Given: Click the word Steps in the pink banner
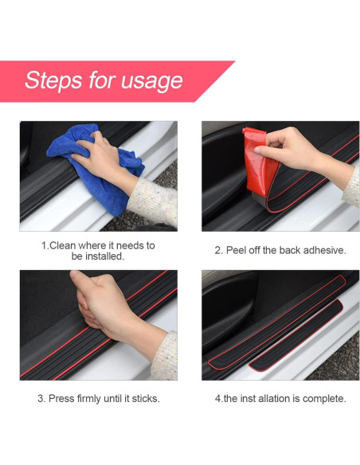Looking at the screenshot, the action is point(53,80).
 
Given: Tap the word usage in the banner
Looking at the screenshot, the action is point(152,81).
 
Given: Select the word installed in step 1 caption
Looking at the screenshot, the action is point(104,256).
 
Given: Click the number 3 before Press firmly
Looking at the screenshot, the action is point(40,399).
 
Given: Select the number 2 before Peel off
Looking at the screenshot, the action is point(217,250).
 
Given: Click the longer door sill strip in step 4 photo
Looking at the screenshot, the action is point(276,322).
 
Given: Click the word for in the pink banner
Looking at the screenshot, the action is point(102,80).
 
